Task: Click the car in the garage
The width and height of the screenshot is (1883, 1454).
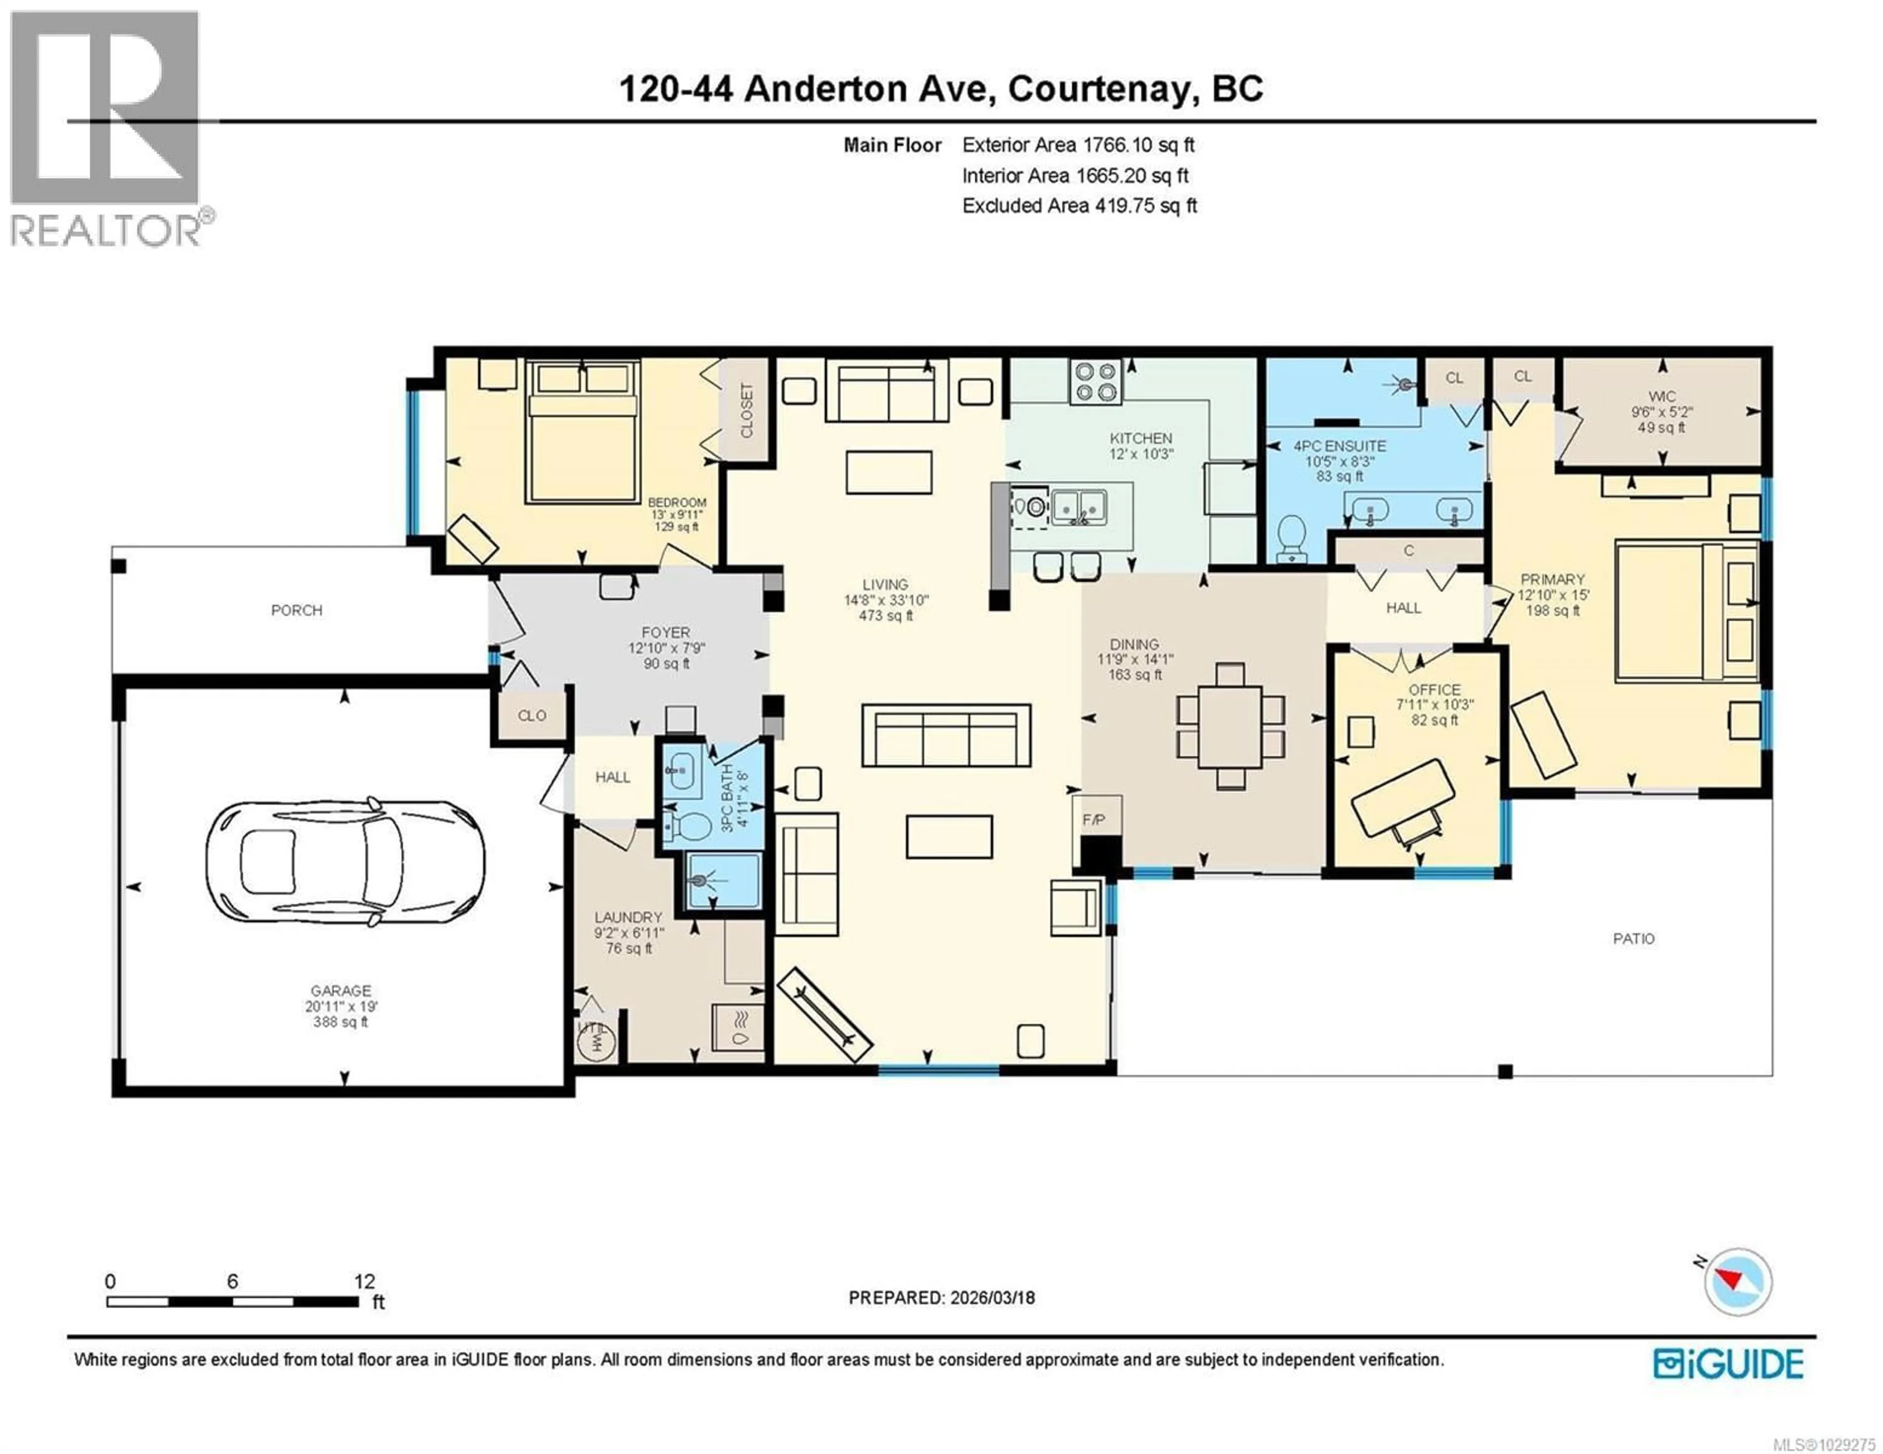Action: pyautogui.click(x=345, y=862)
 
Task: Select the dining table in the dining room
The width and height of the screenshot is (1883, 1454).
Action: pyautogui.click(x=1230, y=726)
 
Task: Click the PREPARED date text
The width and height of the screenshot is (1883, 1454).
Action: pyautogui.click(x=941, y=1298)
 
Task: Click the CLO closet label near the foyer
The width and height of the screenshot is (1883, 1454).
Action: pyautogui.click(x=532, y=715)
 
